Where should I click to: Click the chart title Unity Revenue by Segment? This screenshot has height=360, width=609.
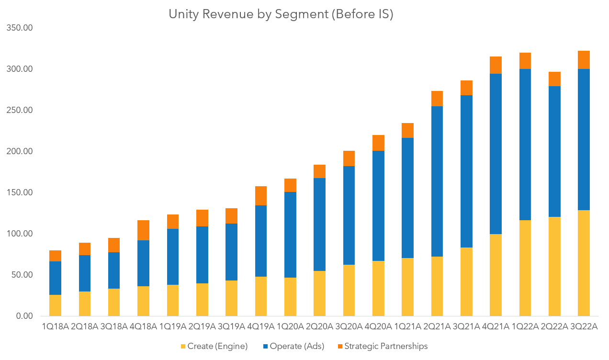281,14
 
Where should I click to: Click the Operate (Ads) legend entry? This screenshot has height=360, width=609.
296,346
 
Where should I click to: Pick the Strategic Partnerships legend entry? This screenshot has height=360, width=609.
385,346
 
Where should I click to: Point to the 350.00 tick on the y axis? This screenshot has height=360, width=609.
20,28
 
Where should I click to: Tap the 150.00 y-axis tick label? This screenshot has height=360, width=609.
20,192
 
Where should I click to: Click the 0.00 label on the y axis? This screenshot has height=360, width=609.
24,316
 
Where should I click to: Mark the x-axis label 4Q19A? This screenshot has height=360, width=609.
261,326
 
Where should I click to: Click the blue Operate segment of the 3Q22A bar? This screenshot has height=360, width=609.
583,139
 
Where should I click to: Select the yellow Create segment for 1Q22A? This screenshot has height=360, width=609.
525,268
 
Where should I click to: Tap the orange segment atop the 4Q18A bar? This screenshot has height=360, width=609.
143,230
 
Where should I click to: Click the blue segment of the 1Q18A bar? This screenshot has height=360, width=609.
56,278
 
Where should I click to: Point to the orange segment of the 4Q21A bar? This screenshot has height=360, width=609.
496,65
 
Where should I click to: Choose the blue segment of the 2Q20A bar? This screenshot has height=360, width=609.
319,224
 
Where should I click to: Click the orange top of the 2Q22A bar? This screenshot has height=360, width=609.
554,79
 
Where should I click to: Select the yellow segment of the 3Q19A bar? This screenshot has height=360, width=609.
231,298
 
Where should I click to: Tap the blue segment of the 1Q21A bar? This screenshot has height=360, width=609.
407,197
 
